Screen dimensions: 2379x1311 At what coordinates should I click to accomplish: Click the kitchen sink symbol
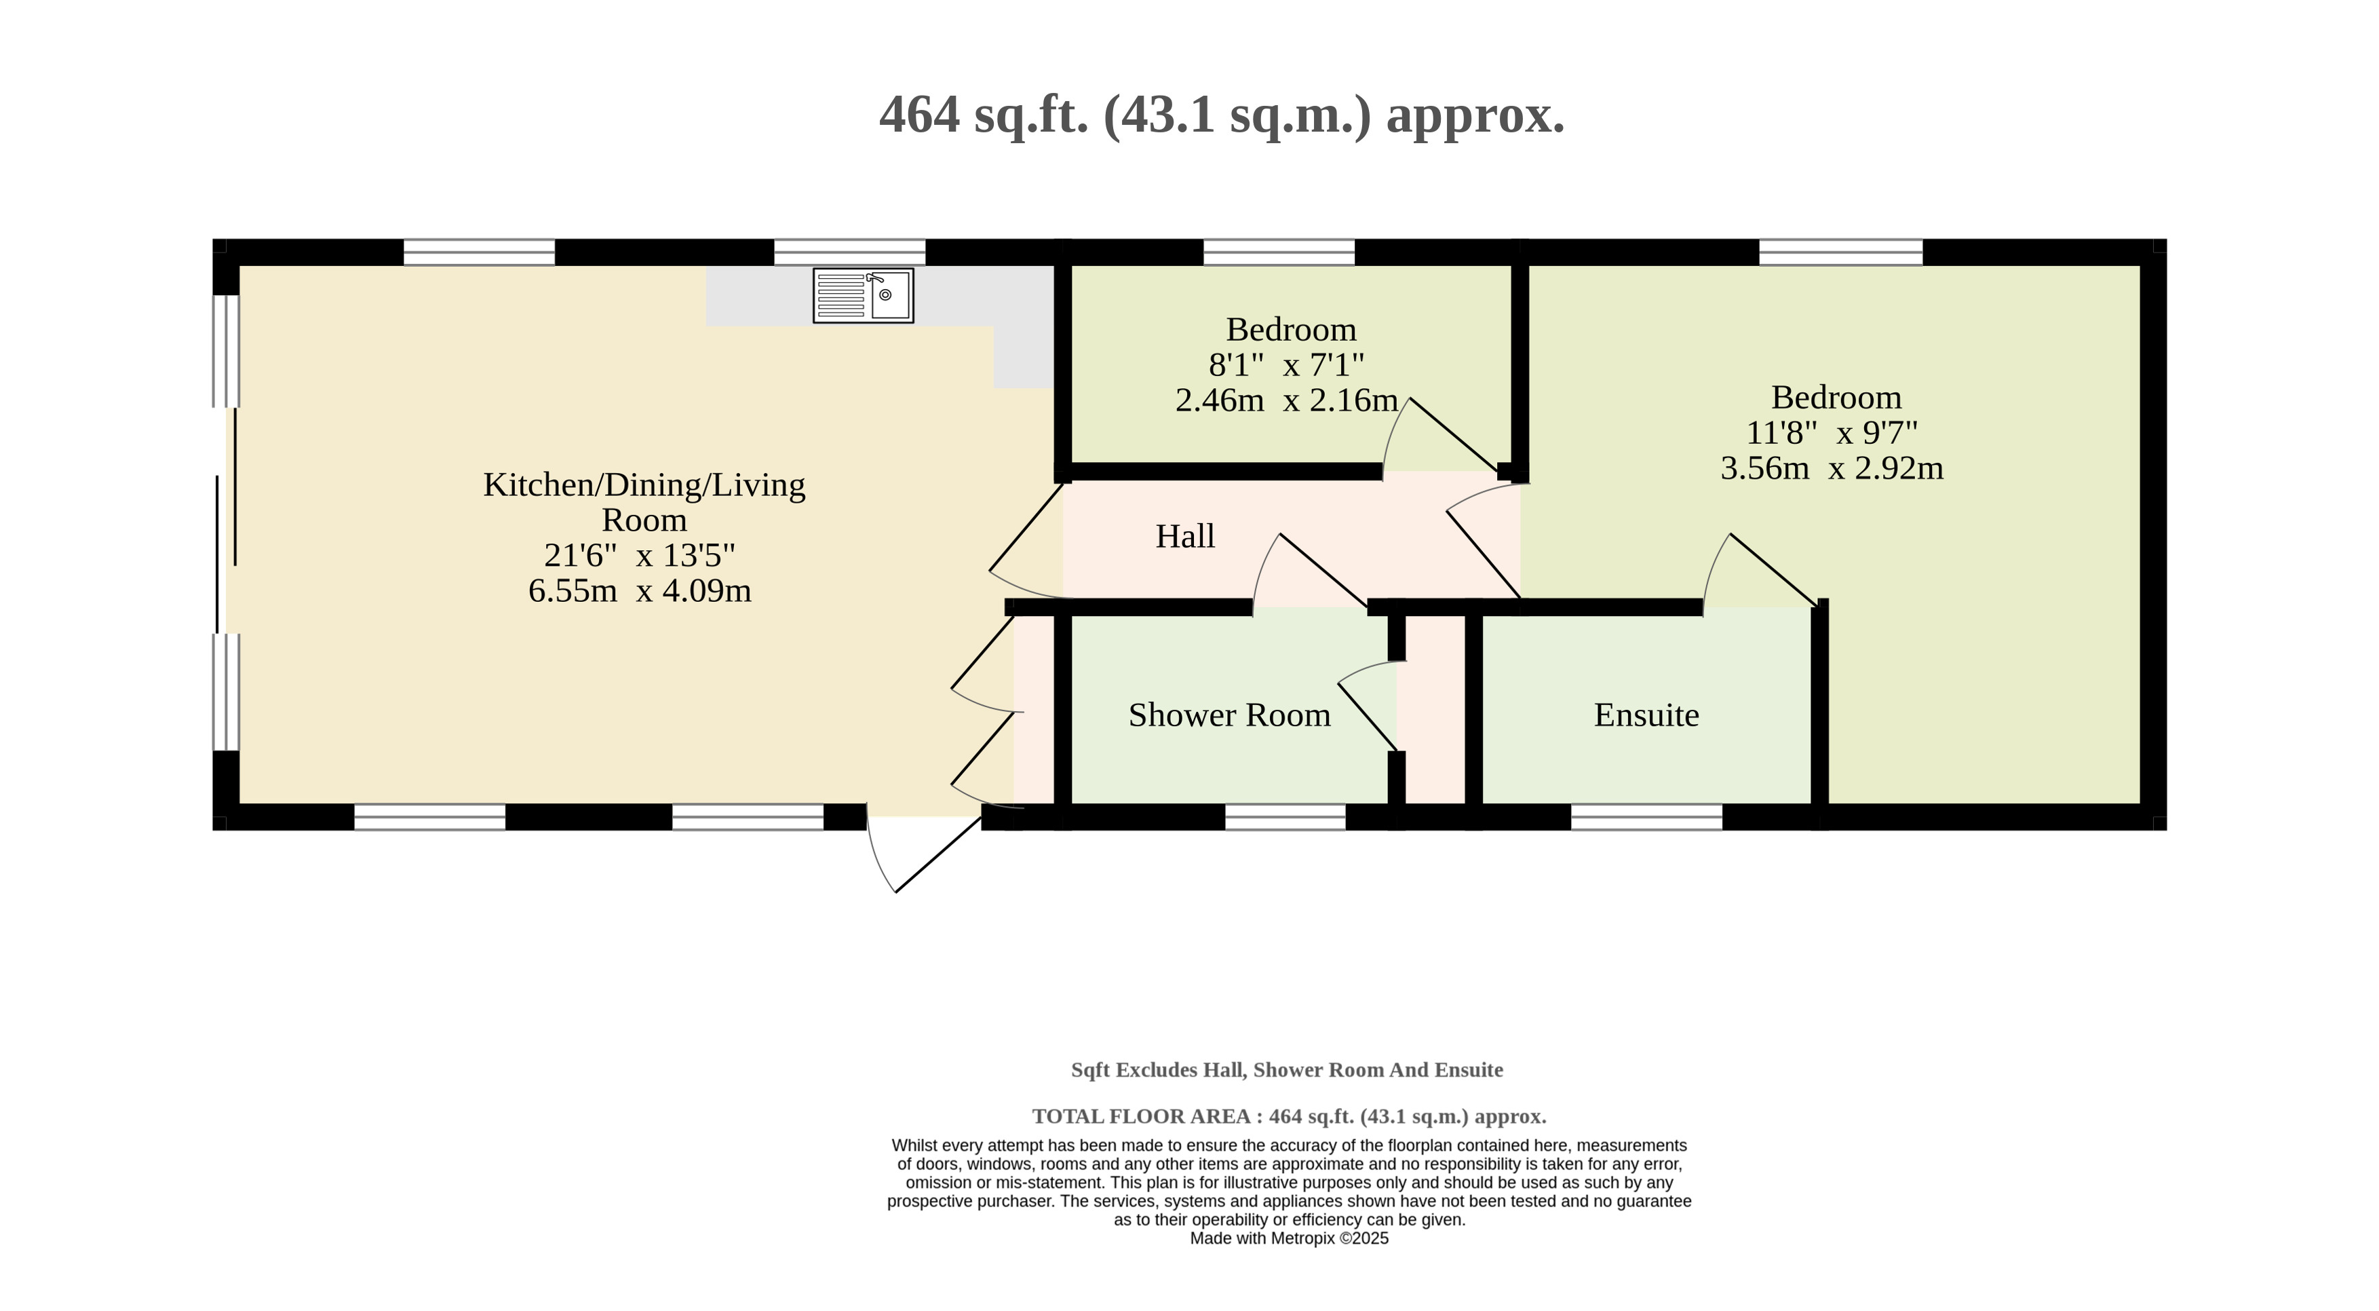coord(863,296)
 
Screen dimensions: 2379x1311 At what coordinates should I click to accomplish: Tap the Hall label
coord(1185,536)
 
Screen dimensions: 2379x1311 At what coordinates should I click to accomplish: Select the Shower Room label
coord(1229,715)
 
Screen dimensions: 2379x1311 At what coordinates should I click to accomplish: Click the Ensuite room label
coord(1646,715)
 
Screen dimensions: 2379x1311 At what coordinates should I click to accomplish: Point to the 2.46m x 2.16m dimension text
coord(1286,400)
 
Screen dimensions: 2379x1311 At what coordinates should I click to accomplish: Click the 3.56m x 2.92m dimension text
coord(1832,468)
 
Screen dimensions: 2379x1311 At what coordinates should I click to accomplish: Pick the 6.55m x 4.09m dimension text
coord(640,590)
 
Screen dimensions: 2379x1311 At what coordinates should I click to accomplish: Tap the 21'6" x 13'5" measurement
coord(640,555)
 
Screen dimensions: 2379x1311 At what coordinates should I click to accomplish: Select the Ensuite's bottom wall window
coord(1646,817)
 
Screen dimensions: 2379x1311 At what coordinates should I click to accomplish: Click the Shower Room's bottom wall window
coord(1285,817)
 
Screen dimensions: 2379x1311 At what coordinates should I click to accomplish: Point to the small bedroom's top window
coord(1279,252)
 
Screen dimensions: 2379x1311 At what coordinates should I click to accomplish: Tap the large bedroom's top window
coord(1840,252)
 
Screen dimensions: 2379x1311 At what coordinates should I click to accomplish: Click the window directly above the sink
coord(849,252)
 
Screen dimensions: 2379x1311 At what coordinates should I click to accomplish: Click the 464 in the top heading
coord(920,115)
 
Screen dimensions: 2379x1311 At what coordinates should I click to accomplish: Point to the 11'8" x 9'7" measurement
coord(1832,432)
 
